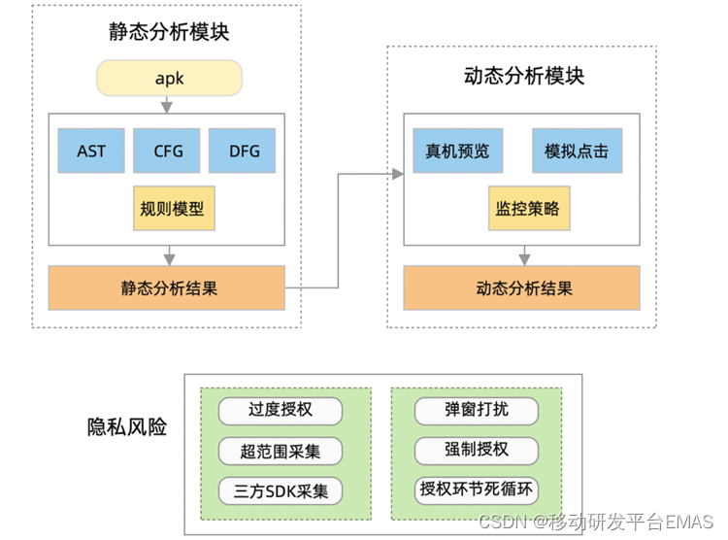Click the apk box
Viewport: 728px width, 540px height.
point(169,78)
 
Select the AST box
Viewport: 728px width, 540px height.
point(91,151)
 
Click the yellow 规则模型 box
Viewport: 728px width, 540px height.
point(172,208)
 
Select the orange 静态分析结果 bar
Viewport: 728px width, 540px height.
point(168,287)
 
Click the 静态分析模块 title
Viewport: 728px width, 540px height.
point(169,32)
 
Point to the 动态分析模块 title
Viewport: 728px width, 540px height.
point(524,76)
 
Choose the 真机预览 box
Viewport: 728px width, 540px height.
point(457,151)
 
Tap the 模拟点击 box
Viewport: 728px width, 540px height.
point(577,151)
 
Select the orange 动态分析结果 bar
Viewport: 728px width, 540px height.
point(523,287)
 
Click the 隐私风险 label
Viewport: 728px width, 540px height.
point(127,426)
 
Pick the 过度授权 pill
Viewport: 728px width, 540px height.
point(280,410)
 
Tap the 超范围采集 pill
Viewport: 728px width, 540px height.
point(280,451)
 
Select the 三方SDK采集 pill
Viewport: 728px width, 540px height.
point(280,490)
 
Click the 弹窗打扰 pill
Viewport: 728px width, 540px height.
point(476,410)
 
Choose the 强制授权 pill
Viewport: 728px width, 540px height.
point(476,450)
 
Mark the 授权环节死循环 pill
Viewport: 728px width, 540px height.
point(476,489)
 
